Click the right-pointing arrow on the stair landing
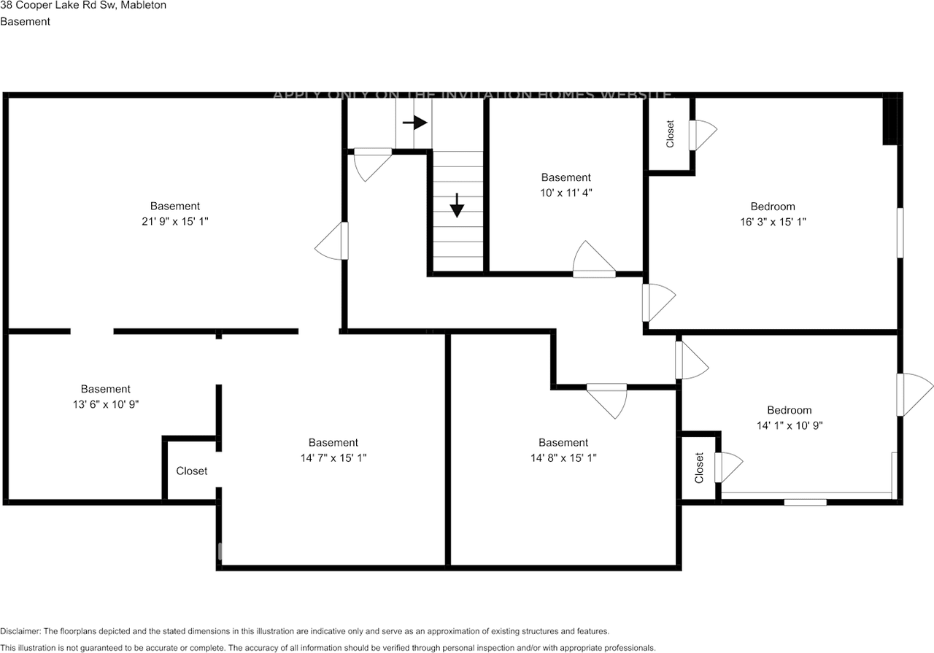pyautogui.click(x=414, y=123)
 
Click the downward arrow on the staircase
pyautogui.click(x=457, y=206)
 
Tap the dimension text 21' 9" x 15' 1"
pyautogui.click(x=175, y=222)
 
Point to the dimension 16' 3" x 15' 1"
pyautogui.click(x=773, y=222)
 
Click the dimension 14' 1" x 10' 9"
pyautogui.click(x=789, y=425)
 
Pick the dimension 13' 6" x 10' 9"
pyautogui.click(x=106, y=404)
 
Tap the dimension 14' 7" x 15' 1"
pyautogui.click(x=333, y=458)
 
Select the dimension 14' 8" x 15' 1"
pyautogui.click(x=563, y=458)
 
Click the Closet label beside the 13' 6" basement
pyautogui.click(x=192, y=471)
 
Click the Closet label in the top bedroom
pyautogui.click(x=670, y=134)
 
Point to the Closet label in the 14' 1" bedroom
pyautogui.click(x=699, y=468)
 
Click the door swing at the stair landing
pyautogui.click(x=371, y=164)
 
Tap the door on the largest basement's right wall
pyautogui.click(x=333, y=241)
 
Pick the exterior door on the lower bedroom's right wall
pyautogui.click(x=914, y=395)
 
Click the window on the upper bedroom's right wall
pyautogui.click(x=900, y=232)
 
